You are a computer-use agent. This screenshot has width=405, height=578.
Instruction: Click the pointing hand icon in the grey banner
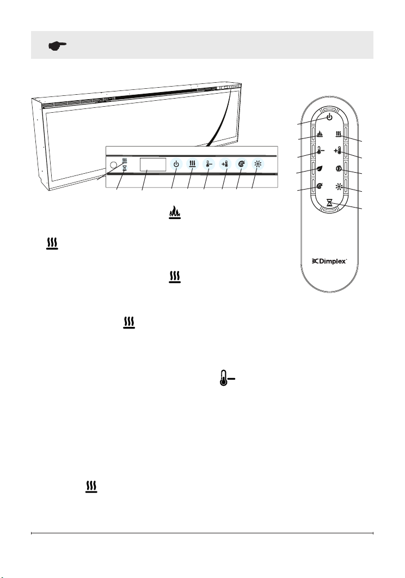click(x=58, y=46)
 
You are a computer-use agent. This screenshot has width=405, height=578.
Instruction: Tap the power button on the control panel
click(x=176, y=164)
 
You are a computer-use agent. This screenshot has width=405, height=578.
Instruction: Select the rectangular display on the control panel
click(x=153, y=165)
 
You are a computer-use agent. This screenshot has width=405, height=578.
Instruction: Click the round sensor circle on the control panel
click(x=114, y=165)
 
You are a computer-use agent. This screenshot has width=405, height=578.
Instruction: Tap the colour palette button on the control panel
click(x=241, y=164)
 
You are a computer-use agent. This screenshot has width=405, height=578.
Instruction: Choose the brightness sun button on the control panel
click(x=257, y=164)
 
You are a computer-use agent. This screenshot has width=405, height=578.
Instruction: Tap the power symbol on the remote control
click(x=329, y=117)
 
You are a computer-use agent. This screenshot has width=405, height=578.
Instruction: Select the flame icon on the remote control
click(x=320, y=134)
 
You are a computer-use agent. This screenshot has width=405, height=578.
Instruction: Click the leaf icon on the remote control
click(x=320, y=168)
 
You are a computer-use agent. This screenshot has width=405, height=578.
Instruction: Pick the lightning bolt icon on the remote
click(x=339, y=168)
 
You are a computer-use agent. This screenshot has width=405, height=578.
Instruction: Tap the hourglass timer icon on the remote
click(x=329, y=202)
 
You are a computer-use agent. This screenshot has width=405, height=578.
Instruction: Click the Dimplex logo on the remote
click(x=329, y=261)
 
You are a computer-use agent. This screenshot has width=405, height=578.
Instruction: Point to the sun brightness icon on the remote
click(x=339, y=186)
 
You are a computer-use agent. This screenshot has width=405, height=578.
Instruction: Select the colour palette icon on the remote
click(x=320, y=186)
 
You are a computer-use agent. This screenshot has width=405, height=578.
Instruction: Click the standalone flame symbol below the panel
click(x=175, y=212)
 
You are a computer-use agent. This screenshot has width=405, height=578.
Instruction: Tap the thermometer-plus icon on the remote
click(x=337, y=150)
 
